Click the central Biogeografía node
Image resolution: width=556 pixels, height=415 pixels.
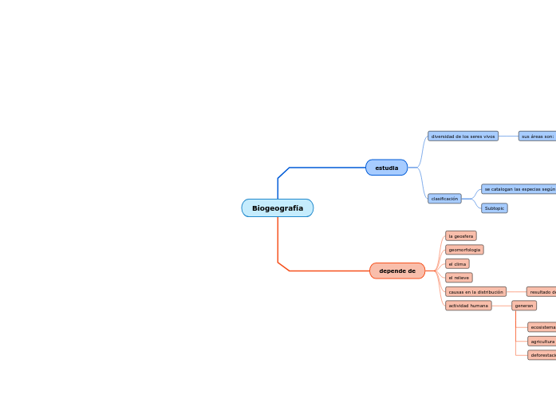coord(277,208)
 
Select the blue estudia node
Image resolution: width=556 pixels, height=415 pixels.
coord(386,168)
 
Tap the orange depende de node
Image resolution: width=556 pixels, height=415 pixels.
coord(396,271)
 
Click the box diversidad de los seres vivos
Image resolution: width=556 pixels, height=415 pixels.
coord(463,136)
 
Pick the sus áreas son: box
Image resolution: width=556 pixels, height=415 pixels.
coord(537,136)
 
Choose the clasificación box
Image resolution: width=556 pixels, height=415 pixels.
coord(444,199)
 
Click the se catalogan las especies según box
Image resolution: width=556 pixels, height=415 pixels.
coord(519,189)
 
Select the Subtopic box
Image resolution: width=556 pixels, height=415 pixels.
coord(494,208)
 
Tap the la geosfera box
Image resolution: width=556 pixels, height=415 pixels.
coord(460,236)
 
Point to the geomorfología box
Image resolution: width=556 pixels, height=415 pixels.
coord(464,250)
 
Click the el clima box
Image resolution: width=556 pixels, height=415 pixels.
coord(457,263)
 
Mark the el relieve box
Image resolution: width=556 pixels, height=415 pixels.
coord(459,278)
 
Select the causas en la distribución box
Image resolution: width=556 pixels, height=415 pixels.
coord(475,292)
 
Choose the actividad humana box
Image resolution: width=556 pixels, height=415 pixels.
coord(468,306)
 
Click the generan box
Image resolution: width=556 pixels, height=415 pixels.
coord(523,306)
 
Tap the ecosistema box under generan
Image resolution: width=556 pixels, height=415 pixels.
coord(542,327)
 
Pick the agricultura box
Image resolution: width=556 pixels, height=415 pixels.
coord(542,341)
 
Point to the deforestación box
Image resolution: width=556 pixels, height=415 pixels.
coord(542,355)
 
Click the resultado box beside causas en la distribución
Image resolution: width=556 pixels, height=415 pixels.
coord(542,292)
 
